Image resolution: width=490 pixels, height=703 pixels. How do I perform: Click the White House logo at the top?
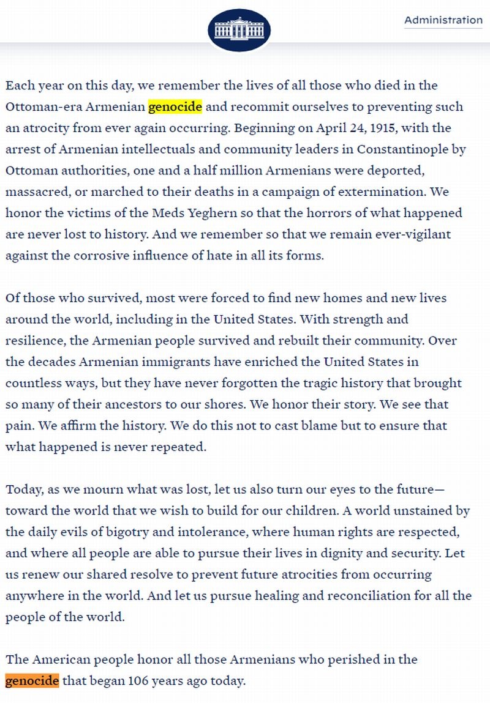coord(239,30)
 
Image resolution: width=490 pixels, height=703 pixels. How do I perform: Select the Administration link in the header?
coord(443,20)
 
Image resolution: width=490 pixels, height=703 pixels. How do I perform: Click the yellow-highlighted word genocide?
coord(175,106)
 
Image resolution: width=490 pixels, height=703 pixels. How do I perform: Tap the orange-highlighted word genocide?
coord(32,680)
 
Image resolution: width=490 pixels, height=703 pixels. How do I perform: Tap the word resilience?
coord(34,340)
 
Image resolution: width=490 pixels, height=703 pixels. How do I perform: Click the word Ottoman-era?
coord(43,106)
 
